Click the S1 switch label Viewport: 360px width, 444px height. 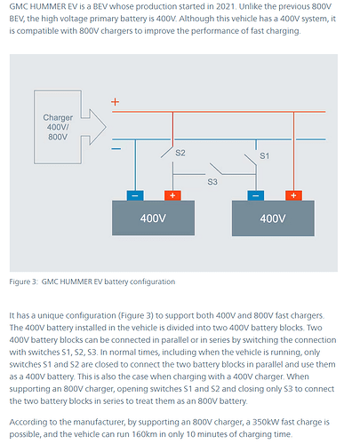click(x=264, y=155)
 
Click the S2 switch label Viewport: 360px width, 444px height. click(x=180, y=153)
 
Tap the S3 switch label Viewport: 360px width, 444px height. click(x=212, y=181)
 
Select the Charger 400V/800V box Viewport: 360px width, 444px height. click(x=58, y=127)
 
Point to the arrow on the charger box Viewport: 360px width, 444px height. click(x=94, y=127)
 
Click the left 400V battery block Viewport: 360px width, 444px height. click(x=153, y=218)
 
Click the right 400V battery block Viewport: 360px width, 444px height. click(x=273, y=218)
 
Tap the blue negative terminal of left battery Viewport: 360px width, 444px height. click(x=135, y=195)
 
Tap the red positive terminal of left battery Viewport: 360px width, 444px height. click(x=172, y=195)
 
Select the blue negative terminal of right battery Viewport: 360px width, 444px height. click(x=256, y=195)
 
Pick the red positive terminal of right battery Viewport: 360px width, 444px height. click(x=293, y=195)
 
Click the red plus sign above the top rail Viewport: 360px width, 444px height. click(x=115, y=102)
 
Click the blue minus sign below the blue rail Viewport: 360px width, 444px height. click(x=116, y=148)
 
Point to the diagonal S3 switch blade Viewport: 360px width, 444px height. click(x=216, y=169)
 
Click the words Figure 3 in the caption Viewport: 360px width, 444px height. click(x=23, y=281)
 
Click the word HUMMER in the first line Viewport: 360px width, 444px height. click(x=48, y=6)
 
